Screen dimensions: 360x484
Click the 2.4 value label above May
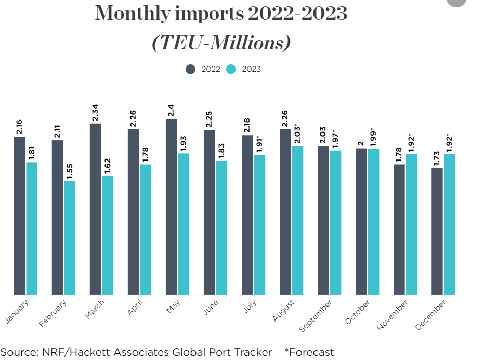coord(171,110)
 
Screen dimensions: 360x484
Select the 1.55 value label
coord(70,170)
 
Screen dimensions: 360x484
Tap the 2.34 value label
coord(95,112)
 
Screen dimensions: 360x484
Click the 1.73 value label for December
coord(437,157)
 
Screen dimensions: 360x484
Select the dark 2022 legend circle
coord(191,69)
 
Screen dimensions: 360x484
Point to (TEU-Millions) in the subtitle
coord(221,43)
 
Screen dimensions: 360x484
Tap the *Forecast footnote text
coord(309,352)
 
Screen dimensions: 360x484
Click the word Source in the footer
coord(17,352)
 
